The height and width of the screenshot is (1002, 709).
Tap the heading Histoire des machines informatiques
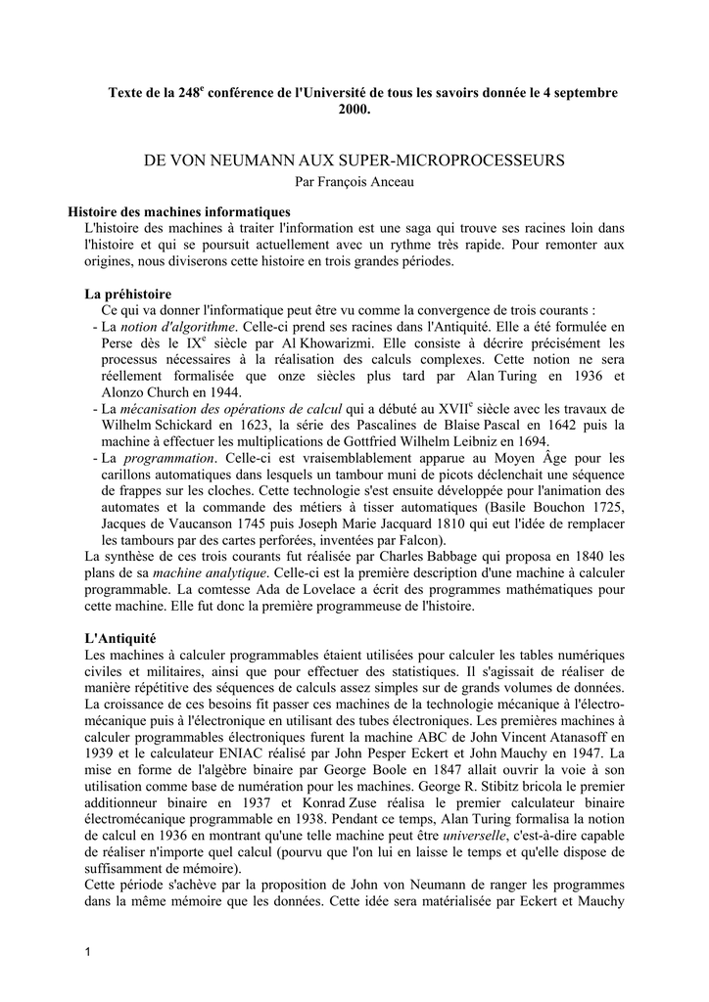click(178, 212)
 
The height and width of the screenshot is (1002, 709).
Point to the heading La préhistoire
click(128, 294)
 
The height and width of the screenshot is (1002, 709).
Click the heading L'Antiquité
click(118, 638)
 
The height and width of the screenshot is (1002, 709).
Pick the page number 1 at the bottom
click(87, 953)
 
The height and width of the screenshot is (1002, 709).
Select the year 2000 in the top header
click(354, 110)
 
